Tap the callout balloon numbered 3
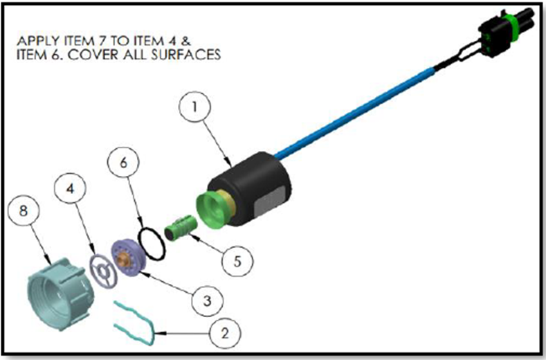(204, 300)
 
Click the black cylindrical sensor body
(256, 183)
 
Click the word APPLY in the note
(35, 39)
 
